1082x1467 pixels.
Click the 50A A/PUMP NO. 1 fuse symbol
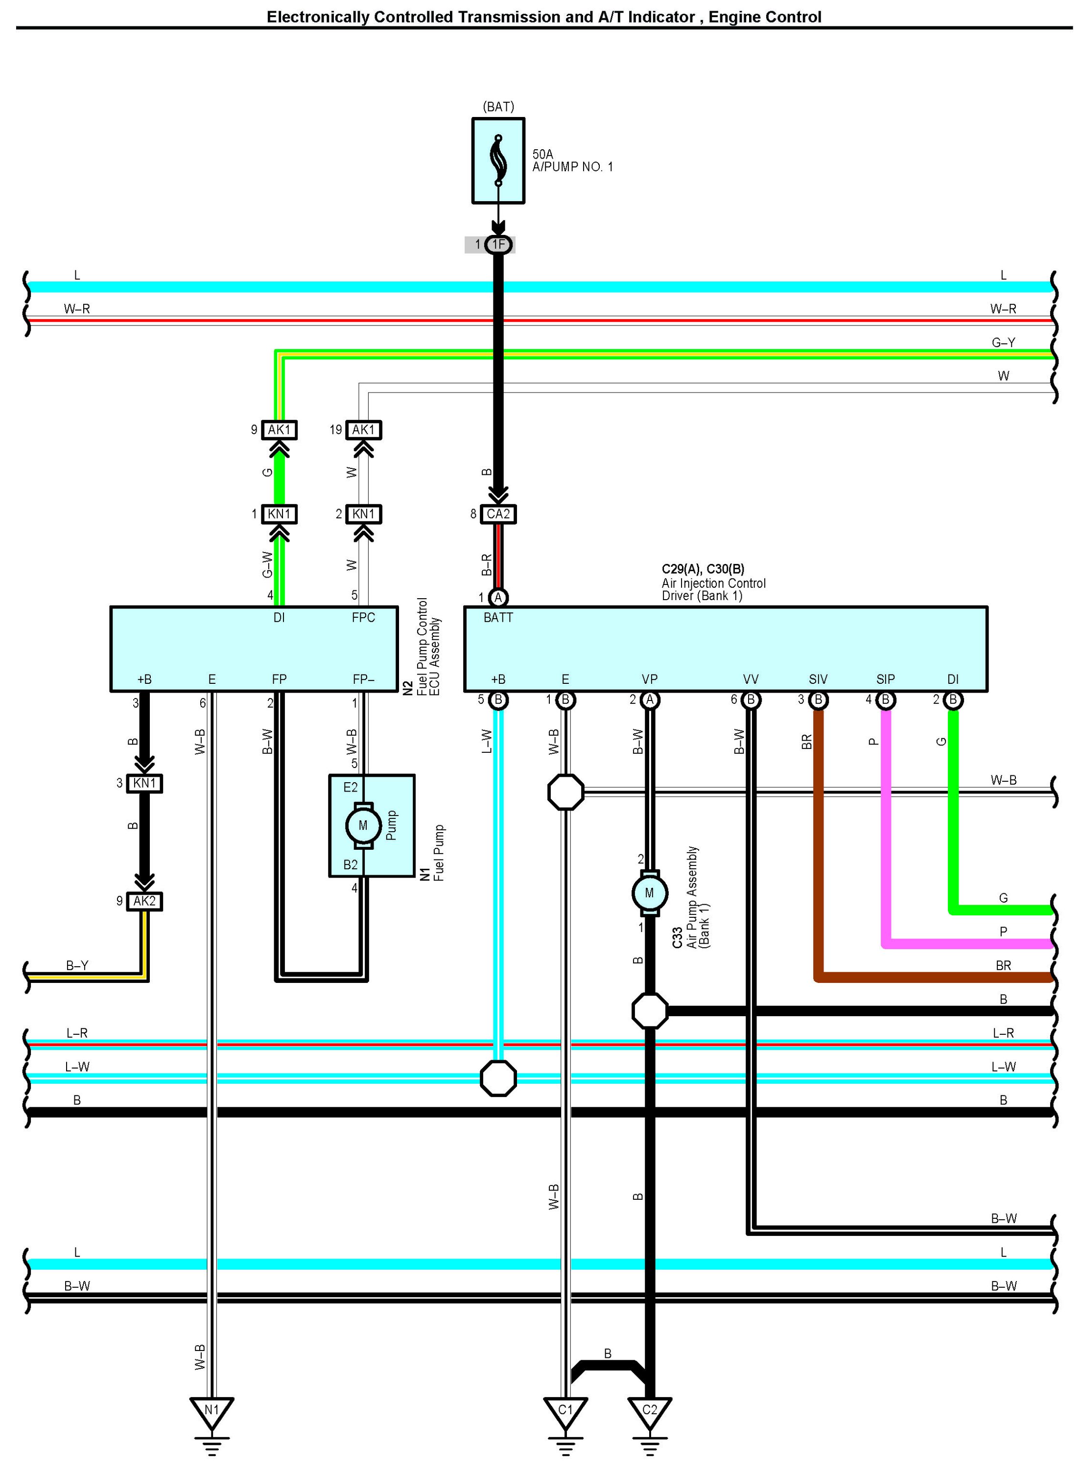point(498,161)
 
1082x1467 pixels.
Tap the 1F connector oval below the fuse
point(498,245)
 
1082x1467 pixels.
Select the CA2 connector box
point(498,514)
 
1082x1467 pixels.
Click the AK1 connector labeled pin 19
point(363,430)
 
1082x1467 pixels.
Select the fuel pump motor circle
point(363,826)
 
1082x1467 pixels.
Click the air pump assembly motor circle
point(649,893)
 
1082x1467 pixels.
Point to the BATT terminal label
point(498,618)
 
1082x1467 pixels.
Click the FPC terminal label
point(363,618)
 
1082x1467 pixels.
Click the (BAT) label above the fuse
point(498,107)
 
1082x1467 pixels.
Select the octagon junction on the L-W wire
point(498,1078)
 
